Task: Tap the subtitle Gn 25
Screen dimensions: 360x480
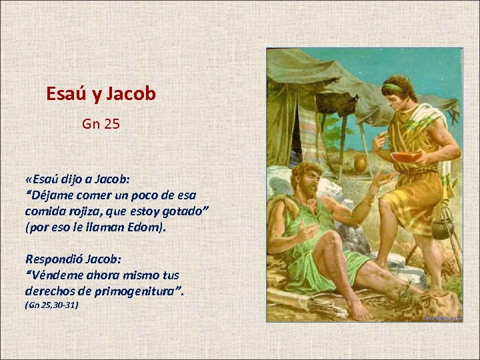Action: point(101,123)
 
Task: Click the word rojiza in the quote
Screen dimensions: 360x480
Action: point(79,211)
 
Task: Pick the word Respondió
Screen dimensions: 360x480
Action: point(55,259)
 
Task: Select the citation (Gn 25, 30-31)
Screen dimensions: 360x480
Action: point(51,305)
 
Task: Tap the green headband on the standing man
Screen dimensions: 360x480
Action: point(393,87)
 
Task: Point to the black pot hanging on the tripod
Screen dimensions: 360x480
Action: point(442,229)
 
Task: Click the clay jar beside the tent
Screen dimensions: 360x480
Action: point(361,164)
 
